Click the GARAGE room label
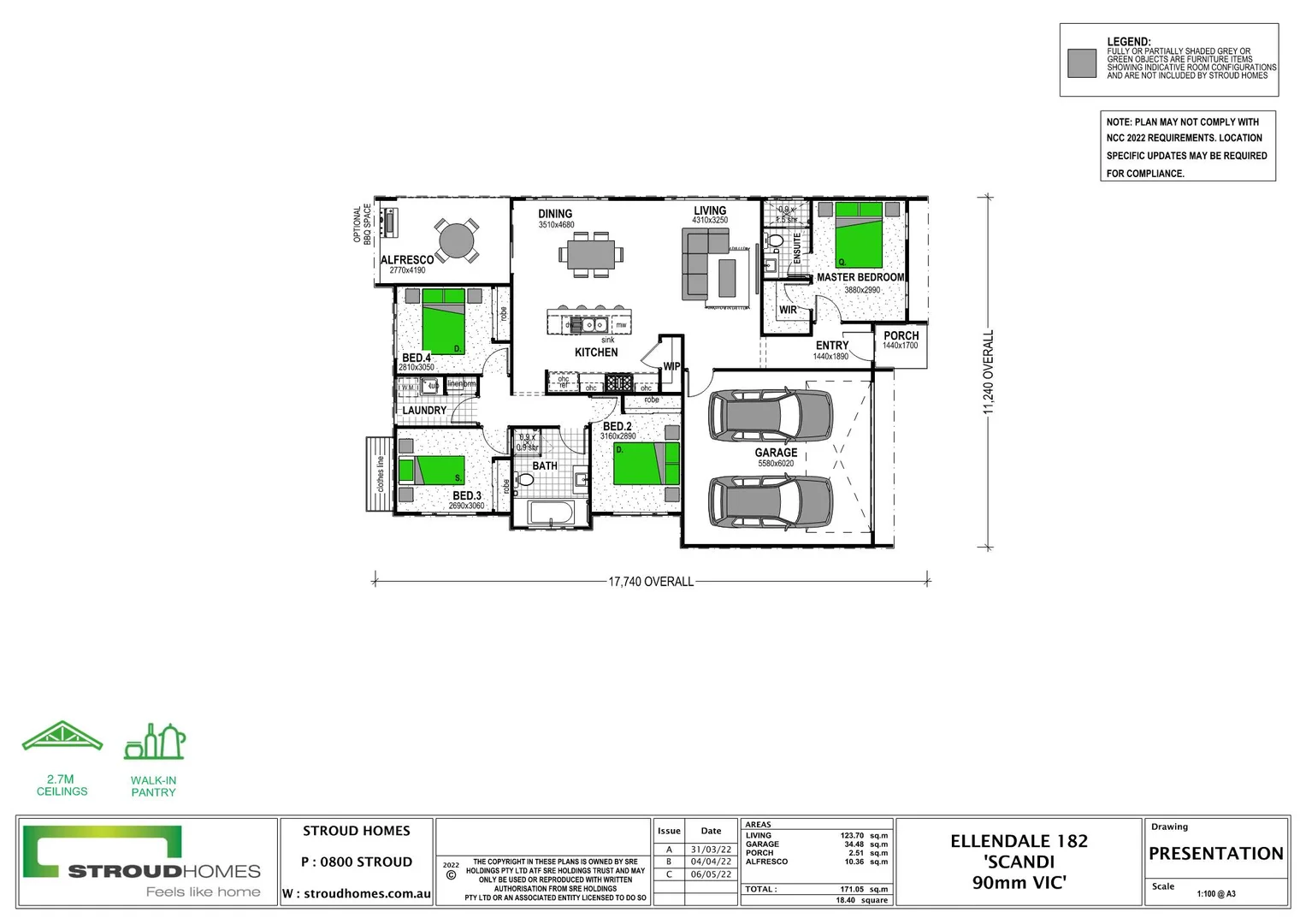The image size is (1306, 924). [776, 453]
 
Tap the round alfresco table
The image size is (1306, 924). [457, 240]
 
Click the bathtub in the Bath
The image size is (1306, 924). [552, 513]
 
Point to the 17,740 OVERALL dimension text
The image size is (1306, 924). [651, 582]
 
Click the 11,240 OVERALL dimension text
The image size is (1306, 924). [989, 372]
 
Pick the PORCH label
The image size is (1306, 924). [901, 336]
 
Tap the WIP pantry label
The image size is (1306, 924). [671, 366]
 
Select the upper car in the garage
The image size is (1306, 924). [770, 416]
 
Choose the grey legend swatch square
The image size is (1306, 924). [1082, 63]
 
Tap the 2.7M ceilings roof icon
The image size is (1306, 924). [62, 737]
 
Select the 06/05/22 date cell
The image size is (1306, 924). [711, 874]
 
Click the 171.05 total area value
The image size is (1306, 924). [852, 889]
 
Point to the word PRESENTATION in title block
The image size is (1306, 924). [1215, 853]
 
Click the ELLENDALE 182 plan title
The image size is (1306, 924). [1019, 841]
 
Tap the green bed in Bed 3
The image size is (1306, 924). [440, 470]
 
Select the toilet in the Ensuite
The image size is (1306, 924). [775, 241]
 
